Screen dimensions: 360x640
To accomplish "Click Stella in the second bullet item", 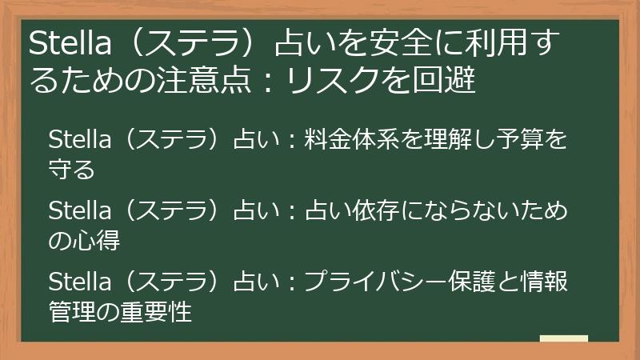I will [x=76, y=212].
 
